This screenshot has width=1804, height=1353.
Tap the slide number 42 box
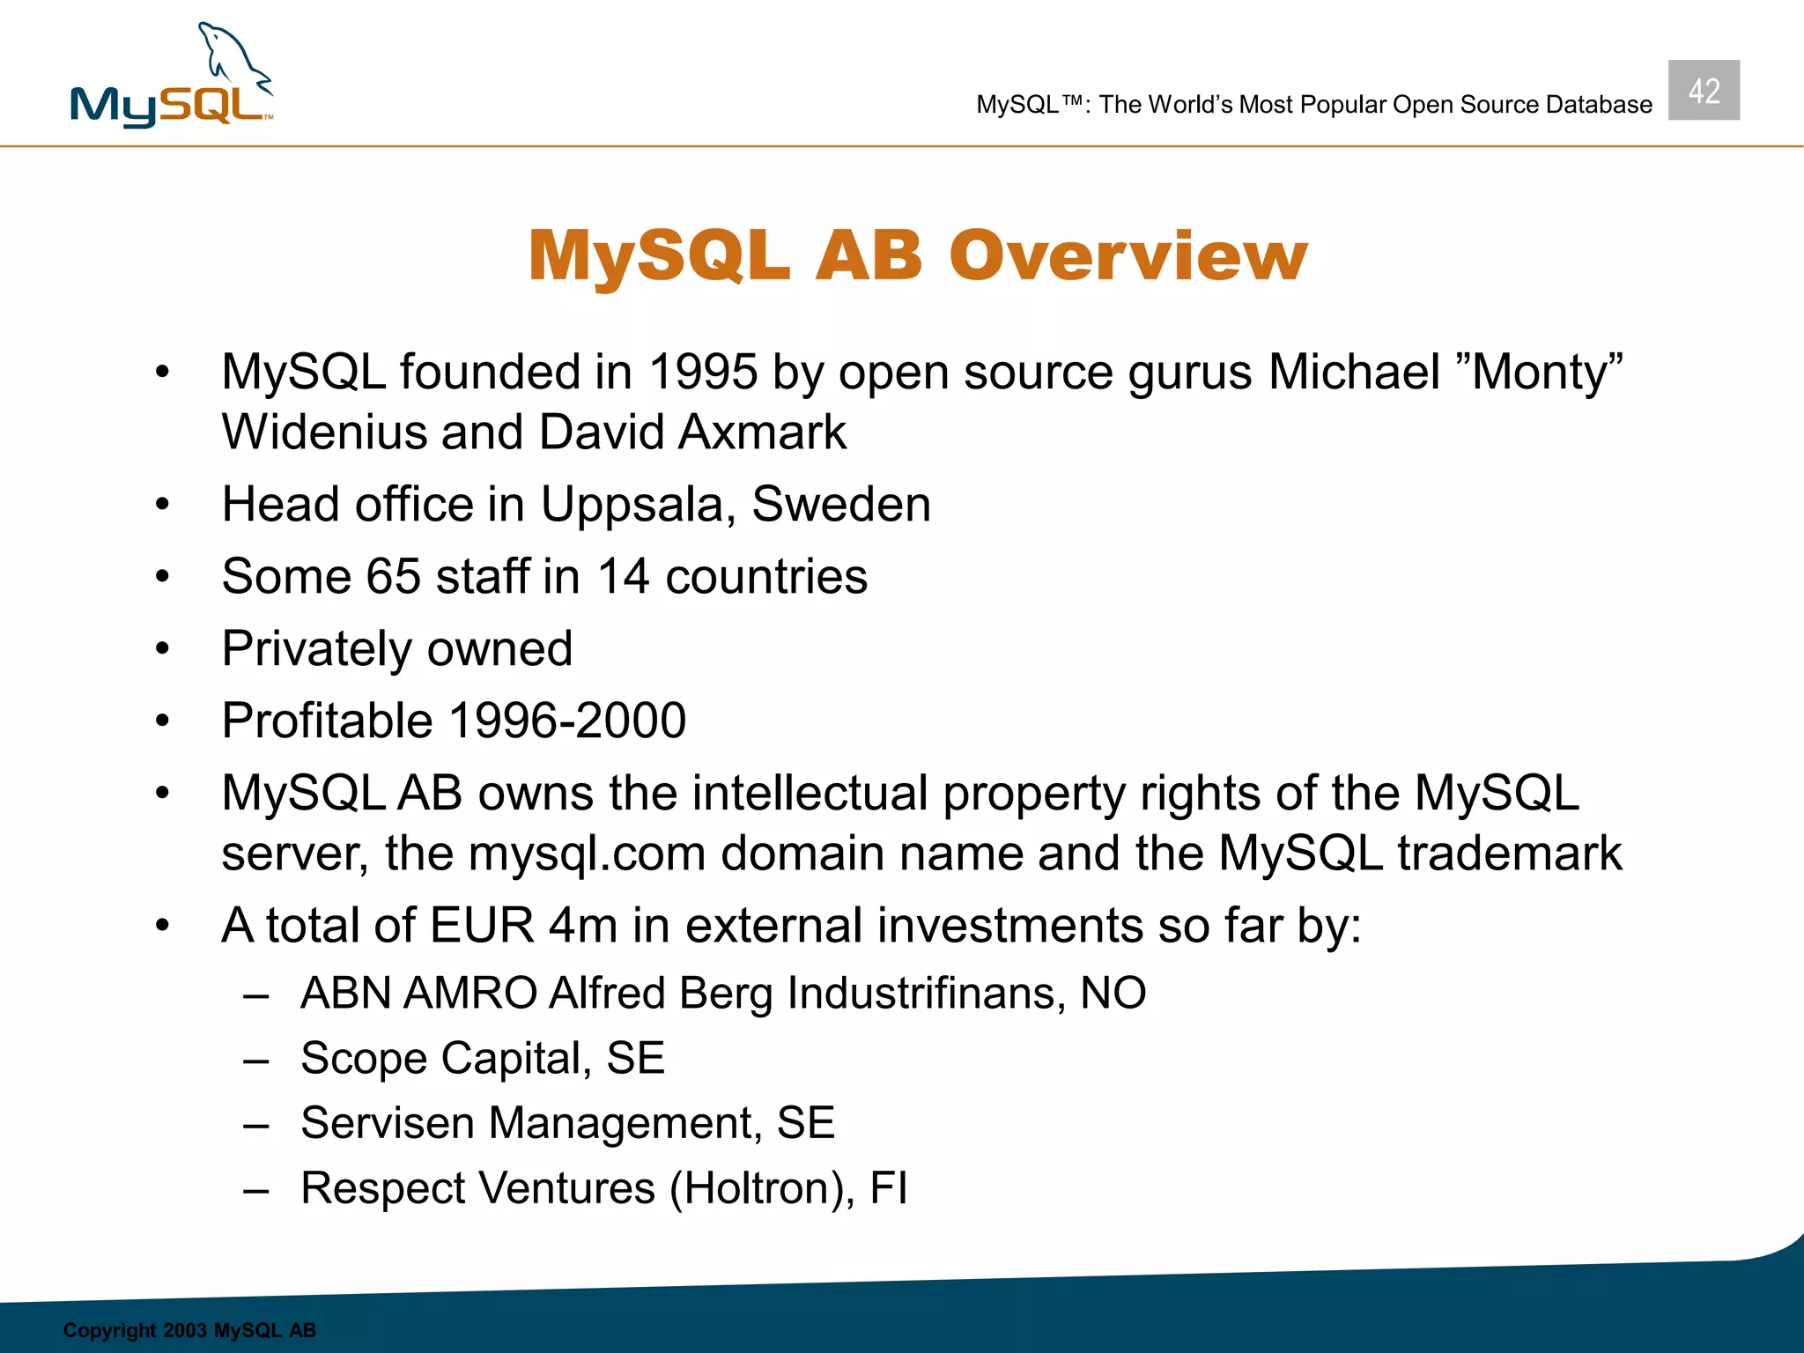point(1703,91)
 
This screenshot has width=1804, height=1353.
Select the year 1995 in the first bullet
point(703,372)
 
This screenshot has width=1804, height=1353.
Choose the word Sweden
point(840,505)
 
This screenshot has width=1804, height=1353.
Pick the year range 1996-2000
point(567,721)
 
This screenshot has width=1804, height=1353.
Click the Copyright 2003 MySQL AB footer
point(189,1330)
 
